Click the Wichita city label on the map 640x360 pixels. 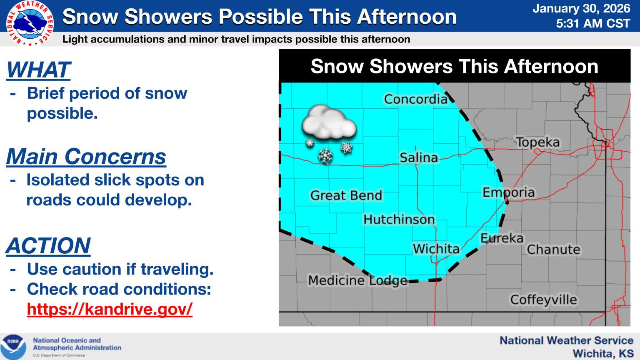pos(436,249)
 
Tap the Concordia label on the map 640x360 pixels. pos(415,99)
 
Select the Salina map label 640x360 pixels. pos(419,157)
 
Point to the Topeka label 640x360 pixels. pos(538,142)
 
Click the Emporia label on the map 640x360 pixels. pos(508,192)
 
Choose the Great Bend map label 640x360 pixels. pos(346,195)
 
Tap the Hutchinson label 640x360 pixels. pos(399,220)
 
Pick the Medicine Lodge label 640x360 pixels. pos(357,280)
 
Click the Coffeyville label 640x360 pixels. pos(544,300)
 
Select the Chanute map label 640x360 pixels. pos(553,250)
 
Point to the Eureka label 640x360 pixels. pos(502,238)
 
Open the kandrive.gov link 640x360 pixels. pos(110,309)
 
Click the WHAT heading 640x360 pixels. pos(38,70)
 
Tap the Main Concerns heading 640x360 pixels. pos(86,157)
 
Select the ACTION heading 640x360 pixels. pos(48,245)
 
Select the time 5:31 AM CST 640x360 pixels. pos(593,23)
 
